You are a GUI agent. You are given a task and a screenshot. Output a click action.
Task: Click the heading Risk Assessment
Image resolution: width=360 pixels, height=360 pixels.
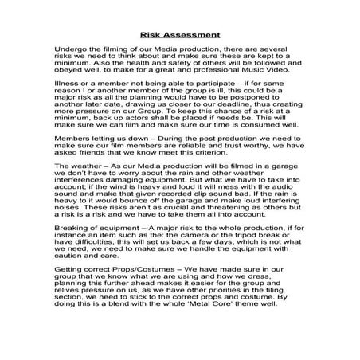[179, 34]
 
